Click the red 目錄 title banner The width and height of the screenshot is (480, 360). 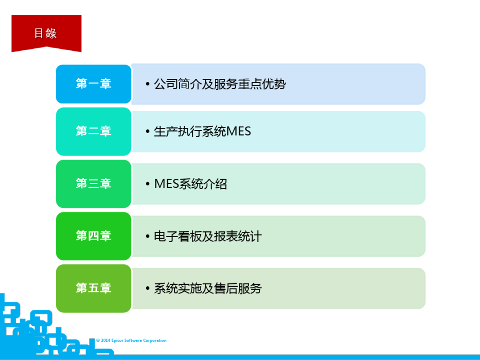[46, 33]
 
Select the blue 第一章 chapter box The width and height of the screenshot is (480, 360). [94, 84]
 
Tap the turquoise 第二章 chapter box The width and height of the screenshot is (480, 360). [94, 131]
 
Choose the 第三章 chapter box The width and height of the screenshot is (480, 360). [94, 183]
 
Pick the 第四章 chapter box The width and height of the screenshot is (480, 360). [94, 236]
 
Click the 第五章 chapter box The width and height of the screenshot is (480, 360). [94, 288]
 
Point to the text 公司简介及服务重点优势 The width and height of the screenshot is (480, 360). [220, 84]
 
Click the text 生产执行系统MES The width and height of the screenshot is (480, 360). [202, 131]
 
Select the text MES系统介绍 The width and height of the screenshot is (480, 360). [190, 183]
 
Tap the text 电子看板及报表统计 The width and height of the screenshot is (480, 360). [208, 236]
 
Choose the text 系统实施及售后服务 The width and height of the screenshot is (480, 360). [208, 288]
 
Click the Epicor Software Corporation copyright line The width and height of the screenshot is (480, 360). [131, 340]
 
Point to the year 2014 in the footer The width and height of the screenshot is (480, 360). [106, 340]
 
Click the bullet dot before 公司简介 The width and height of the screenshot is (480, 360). [147, 84]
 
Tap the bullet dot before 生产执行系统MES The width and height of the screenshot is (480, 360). [147, 131]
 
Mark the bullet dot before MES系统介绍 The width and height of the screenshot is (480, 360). [147, 184]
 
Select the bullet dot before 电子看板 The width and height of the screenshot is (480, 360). [147, 236]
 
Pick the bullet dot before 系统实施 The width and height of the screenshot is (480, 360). [147, 289]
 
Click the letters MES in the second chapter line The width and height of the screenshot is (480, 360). [238, 131]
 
